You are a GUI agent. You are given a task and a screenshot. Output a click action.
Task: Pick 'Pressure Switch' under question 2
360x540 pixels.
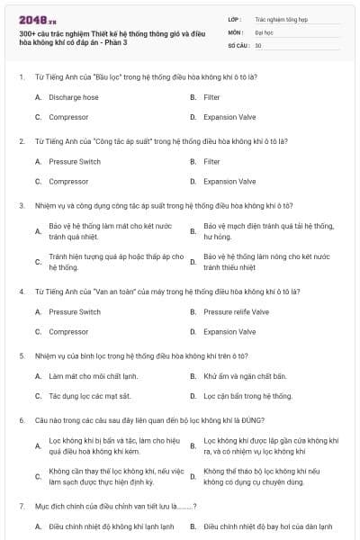(75, 162)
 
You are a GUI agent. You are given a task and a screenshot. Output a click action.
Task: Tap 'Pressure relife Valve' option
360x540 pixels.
(236, 312)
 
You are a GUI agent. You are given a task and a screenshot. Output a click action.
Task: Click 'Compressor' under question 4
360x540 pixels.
(68, 332)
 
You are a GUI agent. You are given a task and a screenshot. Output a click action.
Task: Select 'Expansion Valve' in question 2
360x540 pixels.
(229, 182)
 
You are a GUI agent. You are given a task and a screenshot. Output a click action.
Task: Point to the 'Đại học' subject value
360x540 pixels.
(264, 31)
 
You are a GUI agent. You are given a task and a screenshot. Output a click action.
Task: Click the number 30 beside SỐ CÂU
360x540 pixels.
(258, 45)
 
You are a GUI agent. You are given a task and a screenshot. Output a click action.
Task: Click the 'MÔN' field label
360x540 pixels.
(235, 31)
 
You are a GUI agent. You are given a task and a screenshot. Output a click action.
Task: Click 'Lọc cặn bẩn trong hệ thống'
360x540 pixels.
(247, 396)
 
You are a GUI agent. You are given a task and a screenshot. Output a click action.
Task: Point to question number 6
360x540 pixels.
(21, 420)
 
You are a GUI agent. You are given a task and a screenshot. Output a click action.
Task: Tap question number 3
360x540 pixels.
(21, 205)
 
